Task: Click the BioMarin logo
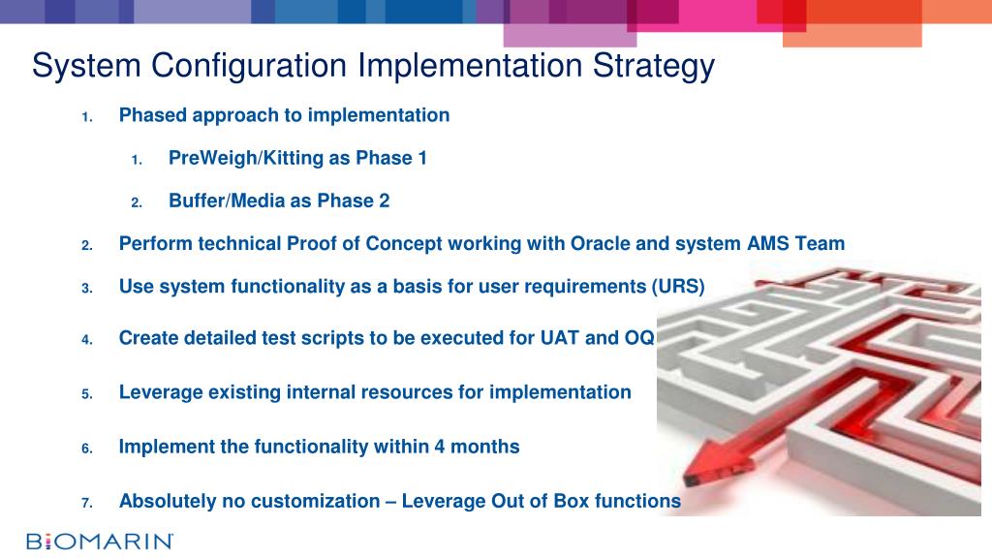pyautogui.click(x=100, y=542)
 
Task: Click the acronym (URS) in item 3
pyautogui.click(x=678, y=287)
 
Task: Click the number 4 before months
pyautogui.click(x=439, y=447)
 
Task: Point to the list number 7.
pyautogui.click(x=86, y=503)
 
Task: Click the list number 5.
pyautogui.click(x=86, y=394)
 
